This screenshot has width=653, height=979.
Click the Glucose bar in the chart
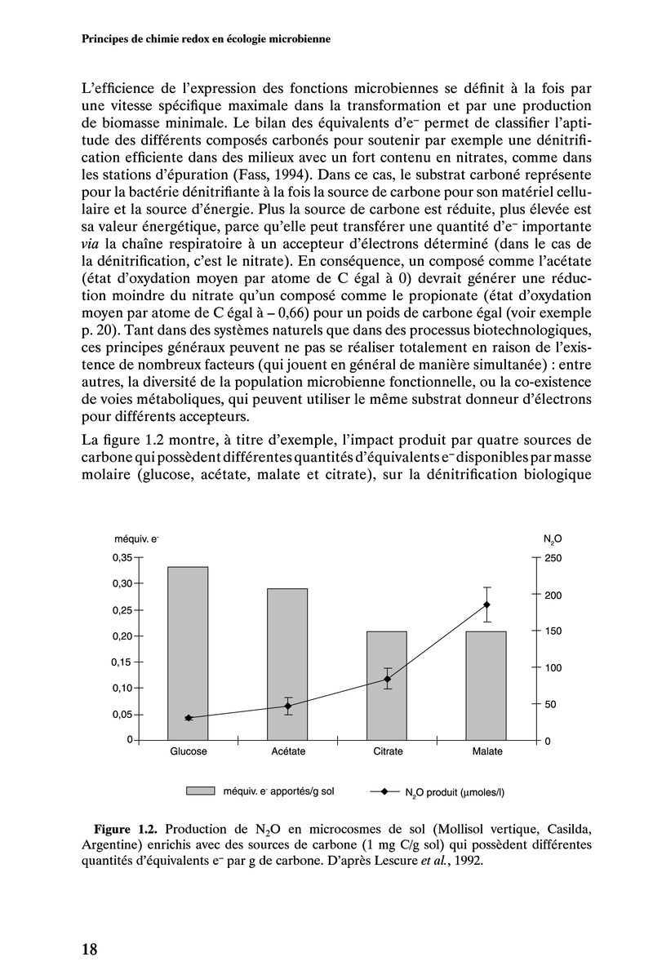tap(188, 653)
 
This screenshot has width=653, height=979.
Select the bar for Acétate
tap(287, 664)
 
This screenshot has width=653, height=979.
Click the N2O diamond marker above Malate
tap(486, 605)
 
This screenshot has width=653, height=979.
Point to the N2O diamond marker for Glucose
tap(188, 718)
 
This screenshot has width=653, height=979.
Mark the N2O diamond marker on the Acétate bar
tap(287, 706)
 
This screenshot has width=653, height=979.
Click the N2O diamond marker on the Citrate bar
tap(387, 679)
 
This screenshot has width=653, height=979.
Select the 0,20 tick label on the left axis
tap(121, 636)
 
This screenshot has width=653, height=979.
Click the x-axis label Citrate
tap(387, 751)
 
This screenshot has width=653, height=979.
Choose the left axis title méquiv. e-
tap(135, 539)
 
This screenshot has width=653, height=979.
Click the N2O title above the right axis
tap(552, 539)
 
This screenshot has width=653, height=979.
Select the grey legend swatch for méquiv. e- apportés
tap(199, 791)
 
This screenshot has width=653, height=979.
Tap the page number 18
tap(90, 949)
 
